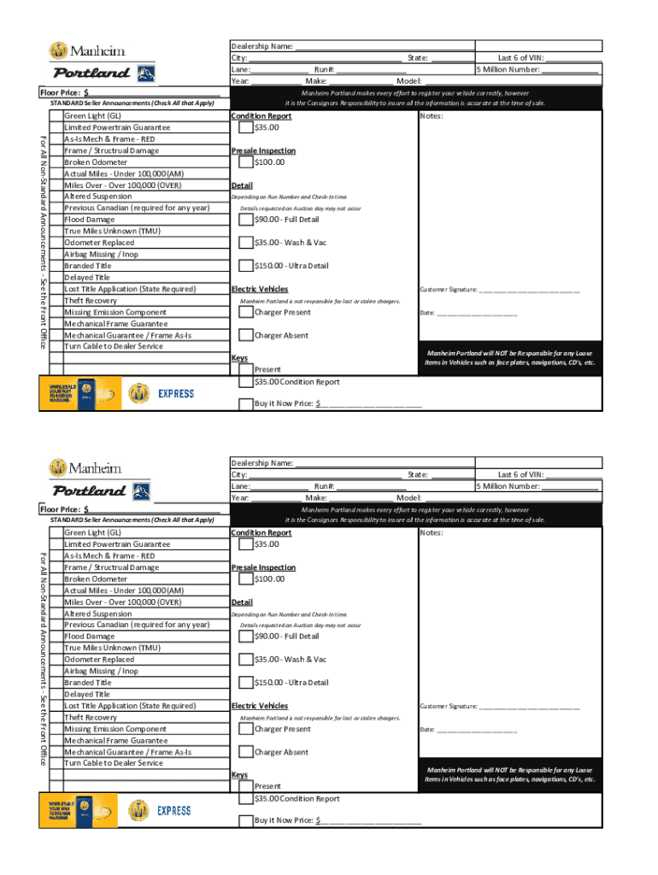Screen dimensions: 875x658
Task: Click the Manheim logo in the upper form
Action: coord(85,50)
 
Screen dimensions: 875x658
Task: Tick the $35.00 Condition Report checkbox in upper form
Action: coord(246,128)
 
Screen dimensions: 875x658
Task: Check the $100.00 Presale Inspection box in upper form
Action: coord(246,162)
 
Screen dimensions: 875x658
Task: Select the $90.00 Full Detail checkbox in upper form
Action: coord(246,220)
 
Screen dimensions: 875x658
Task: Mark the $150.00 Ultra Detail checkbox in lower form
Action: coord(246,683)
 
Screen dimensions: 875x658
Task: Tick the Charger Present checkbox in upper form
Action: coord(246,313)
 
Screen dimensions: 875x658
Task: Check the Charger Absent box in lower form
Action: coord(246,753)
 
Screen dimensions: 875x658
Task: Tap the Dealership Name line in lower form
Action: coord(385,463)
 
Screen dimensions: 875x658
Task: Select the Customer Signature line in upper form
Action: coord(530,290)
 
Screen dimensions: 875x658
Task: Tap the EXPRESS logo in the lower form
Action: coord(175,810)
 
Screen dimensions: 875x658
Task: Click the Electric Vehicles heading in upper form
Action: coord(260,290)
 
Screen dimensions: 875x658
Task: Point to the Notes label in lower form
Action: coord(432,533)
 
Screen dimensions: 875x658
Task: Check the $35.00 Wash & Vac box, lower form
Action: coord(246,660)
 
